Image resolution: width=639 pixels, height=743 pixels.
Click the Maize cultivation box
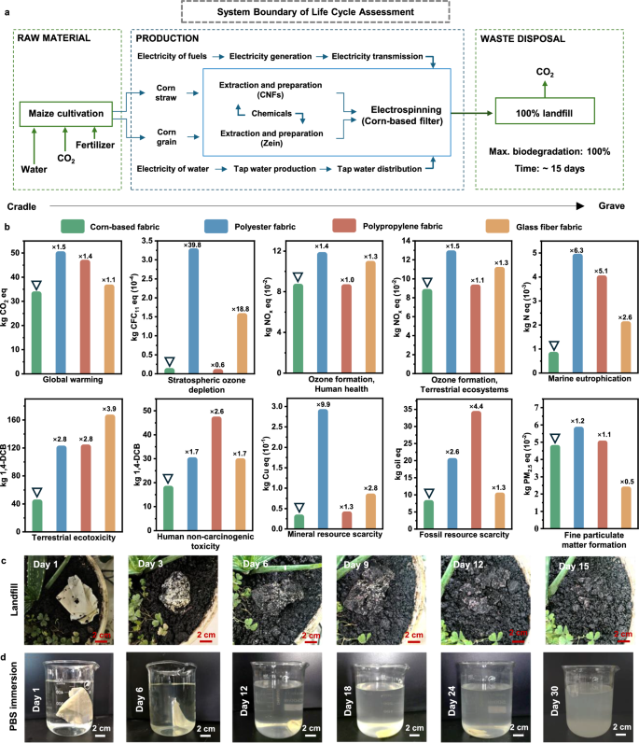(x=63, y=116)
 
